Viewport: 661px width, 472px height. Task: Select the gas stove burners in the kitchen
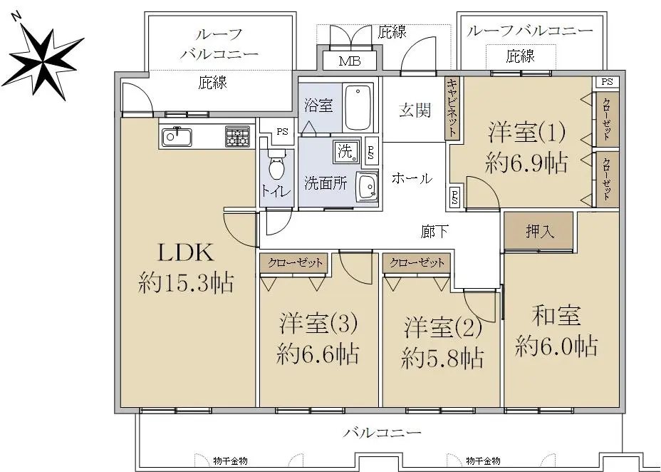(238, 136)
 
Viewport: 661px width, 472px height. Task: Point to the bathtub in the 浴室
(358, 108)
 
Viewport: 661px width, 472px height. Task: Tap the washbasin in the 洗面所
(367, 185)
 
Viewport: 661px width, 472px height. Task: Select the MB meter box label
(350, 61)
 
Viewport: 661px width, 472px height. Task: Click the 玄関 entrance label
(415, 111)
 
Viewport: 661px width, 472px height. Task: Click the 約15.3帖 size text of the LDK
(185, 282)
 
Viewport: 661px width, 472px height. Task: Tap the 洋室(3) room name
(318, 324)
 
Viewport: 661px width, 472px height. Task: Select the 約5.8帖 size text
(442, 358)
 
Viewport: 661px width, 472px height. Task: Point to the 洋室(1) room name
(527, 131)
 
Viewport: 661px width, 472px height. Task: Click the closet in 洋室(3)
(294, 263)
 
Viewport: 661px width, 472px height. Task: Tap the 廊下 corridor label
(434, 231)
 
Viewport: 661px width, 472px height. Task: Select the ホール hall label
(412, 178)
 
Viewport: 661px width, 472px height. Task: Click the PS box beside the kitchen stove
(282, 131)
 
